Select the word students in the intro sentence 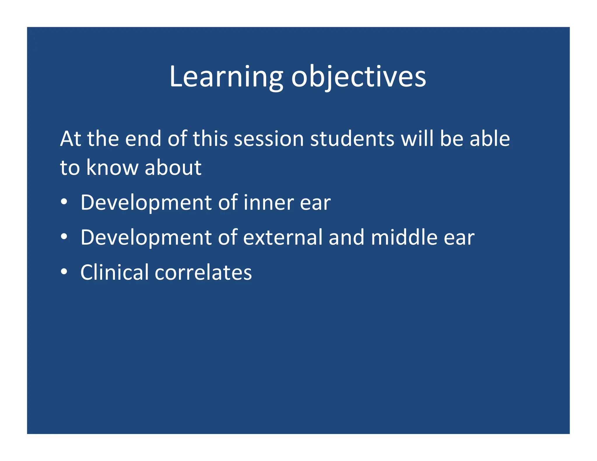(x=352, y=139)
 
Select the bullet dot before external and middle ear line (x=64, y=237)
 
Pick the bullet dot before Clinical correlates (x=64, y=272)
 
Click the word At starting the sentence (x=71, y=139)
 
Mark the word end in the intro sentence (x=143, y=139)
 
